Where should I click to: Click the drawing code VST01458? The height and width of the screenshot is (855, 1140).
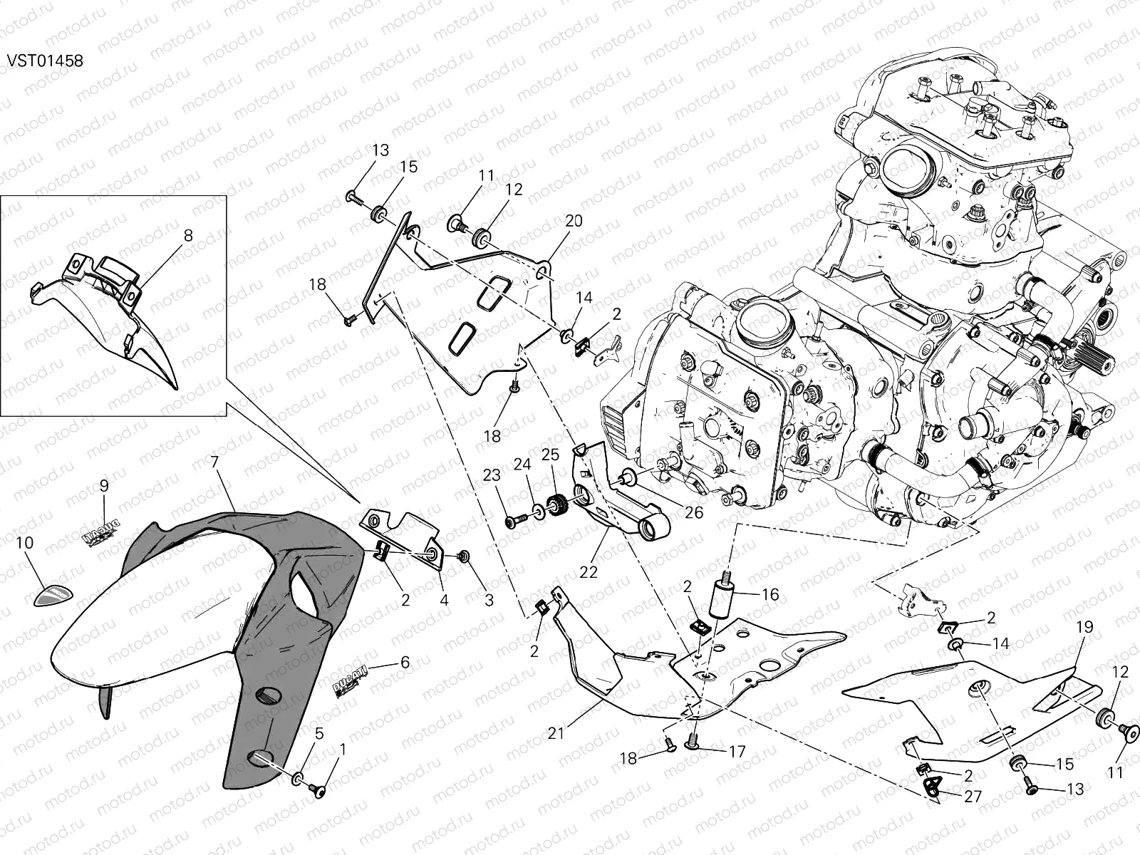point(45,61)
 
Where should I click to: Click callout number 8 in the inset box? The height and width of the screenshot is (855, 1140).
point(188,235)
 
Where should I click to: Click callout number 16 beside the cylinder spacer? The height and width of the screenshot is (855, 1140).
point(769,595)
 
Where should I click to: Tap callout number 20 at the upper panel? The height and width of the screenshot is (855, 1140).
point(574,221)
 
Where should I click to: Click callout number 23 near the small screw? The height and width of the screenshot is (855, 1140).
point(492,475)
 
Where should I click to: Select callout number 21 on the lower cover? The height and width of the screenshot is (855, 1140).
point(556,732)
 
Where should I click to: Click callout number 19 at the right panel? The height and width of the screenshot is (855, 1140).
point(1084,628)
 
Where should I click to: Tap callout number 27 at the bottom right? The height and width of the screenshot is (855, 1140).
point(973,797)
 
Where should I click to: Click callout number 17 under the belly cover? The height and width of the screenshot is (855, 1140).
point(737,751)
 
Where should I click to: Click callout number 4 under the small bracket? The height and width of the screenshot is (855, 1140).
point(444,600)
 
